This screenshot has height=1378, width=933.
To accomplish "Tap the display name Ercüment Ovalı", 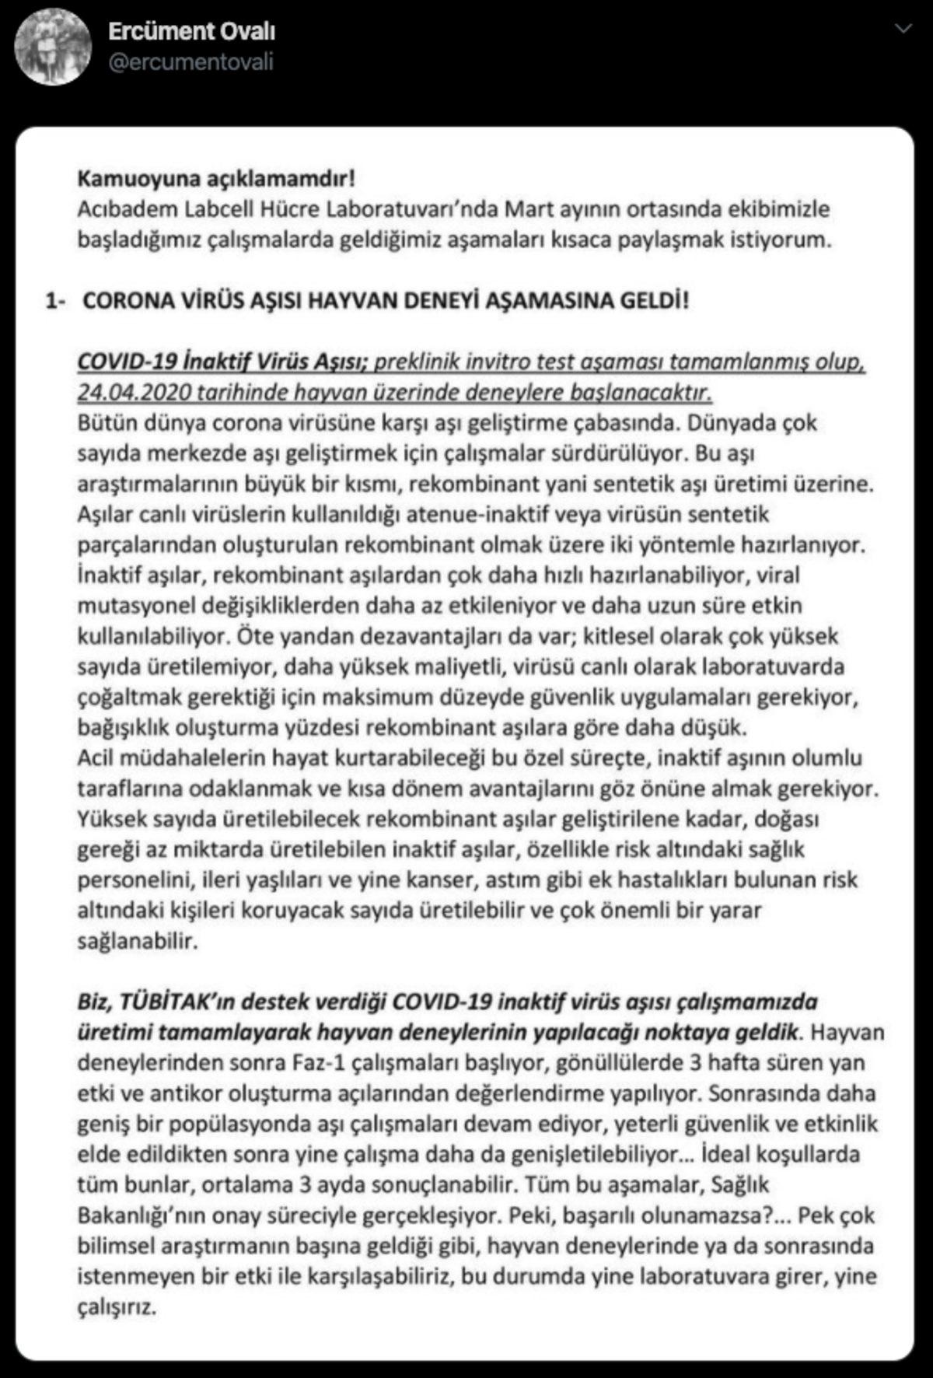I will pos(192,31).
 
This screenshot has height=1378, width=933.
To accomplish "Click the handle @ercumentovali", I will pos(190,62).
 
